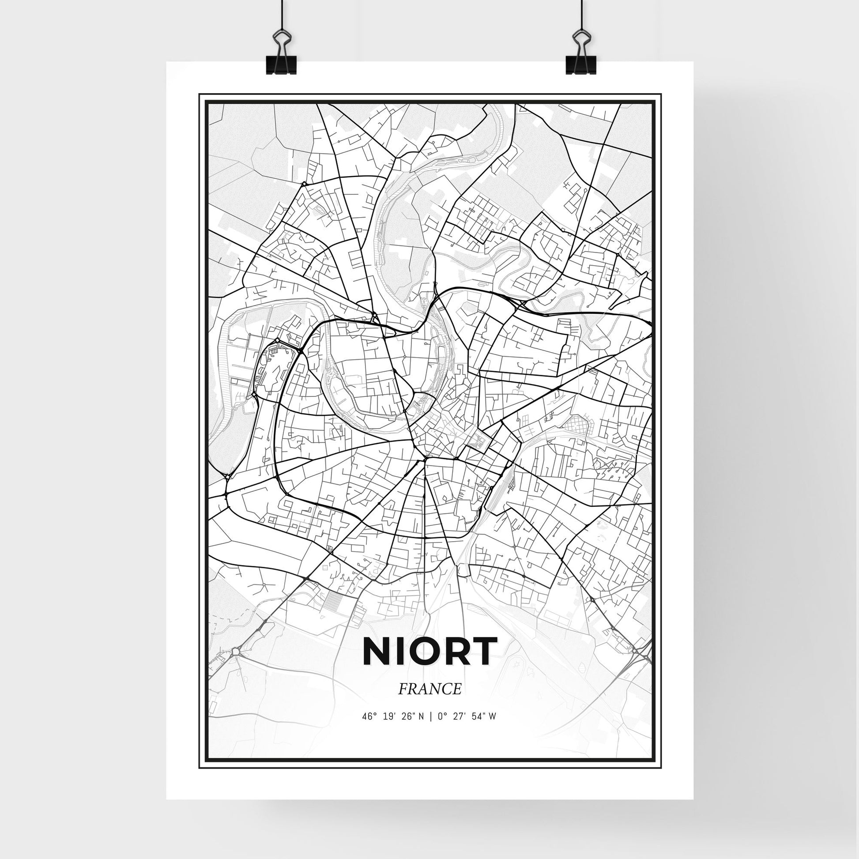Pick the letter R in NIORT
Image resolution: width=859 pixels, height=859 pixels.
coord(456,652)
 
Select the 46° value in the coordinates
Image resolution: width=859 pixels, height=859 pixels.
coord(369,729)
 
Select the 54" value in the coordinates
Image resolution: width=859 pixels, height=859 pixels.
coord(479,729)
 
